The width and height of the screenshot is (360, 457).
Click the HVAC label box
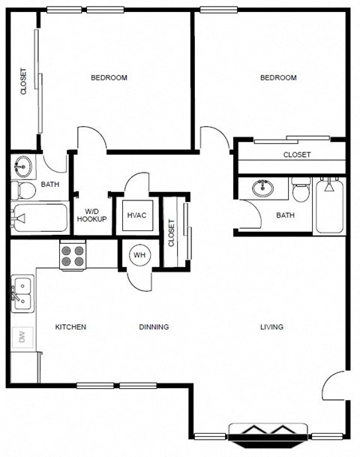coord(137,215)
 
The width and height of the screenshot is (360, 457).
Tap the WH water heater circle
coord(140,255)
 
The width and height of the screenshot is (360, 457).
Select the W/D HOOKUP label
coord(91,215)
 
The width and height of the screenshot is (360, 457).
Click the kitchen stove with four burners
coord(73,257)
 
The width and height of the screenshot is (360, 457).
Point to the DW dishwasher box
coord(22,338)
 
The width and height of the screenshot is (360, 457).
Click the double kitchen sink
coord(22,293)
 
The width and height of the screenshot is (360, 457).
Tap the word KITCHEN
coord(71,327)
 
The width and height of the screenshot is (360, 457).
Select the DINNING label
coord(154,327)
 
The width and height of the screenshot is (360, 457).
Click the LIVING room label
coord(271,327)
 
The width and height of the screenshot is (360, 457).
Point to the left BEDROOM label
coord(109,78)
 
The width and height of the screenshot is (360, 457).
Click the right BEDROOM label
coord(278,78)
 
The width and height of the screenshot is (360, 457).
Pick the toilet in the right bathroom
coord(301,192)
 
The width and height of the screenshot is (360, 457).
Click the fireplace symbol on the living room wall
coord(268,433)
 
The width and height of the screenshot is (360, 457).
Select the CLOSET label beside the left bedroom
coord(23,82)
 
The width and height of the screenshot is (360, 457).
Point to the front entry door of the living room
coord(334,388)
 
